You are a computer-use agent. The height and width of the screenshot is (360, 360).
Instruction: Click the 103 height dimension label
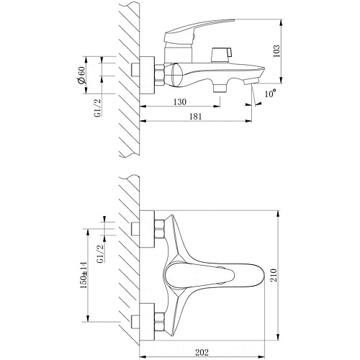(276, 51)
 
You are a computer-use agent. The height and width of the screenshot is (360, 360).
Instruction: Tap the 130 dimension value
(180, 102)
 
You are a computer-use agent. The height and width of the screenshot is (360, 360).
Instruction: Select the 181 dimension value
(196, 117)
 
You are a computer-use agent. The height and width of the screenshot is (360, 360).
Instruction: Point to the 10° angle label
(270, 93)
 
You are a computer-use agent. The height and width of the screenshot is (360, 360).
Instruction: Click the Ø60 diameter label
(81, 75)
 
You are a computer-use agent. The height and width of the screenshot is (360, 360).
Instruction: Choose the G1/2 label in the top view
(101, 253)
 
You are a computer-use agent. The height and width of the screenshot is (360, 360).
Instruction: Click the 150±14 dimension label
(84, 275)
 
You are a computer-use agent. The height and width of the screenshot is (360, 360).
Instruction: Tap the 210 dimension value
(274, 275)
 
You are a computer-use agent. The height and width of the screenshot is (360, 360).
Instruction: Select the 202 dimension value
(202, 353)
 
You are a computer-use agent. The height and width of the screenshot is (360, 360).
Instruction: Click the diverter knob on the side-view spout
(221, 55)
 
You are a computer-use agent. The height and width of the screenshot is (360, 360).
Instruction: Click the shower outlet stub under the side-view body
(220, 88)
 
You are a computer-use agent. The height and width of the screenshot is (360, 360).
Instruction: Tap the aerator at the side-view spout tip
(251, 81)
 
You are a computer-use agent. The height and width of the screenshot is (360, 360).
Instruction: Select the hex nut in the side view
(159, 75)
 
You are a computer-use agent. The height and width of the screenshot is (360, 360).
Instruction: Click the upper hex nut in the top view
(159, 229)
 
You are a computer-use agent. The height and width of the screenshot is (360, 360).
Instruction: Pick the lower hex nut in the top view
(159, 323)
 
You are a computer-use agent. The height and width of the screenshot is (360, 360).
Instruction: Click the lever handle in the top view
(199, 275)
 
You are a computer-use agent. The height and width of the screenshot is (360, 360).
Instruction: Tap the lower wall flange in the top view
(147, 322)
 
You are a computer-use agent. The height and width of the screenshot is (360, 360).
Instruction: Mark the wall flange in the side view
(147, 75)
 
